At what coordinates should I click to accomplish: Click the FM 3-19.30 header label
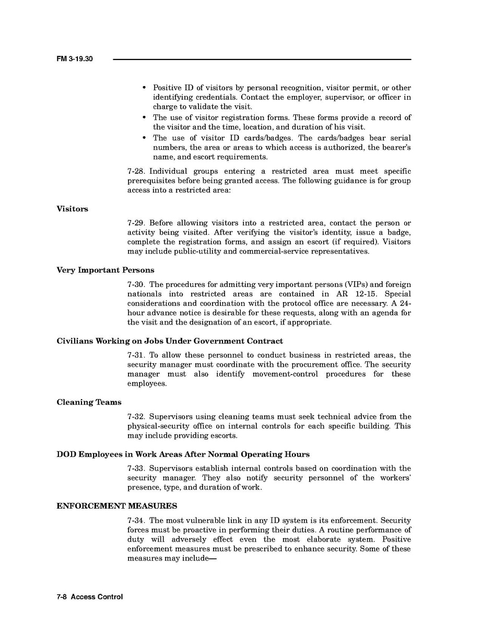point(74,59)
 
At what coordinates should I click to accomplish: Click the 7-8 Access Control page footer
point(89,597)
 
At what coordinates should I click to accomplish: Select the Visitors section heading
point(72,209)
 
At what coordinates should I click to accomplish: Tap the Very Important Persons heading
point(105,270)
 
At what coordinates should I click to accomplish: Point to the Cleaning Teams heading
point(89,402)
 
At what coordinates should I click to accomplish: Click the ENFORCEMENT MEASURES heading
point(116,506)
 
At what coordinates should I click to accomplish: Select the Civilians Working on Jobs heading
point(170,341)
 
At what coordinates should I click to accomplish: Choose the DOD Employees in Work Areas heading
point(183,454)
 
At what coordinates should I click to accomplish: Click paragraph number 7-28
point(136,172)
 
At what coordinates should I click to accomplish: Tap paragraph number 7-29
point(136,223)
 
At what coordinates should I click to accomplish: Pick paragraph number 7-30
point(136,285)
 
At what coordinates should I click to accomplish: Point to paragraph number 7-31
point(136,355)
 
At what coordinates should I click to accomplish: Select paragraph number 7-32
point(136,417)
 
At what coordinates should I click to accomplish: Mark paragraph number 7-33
point(136,469)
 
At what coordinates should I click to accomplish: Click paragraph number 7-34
point(136,521)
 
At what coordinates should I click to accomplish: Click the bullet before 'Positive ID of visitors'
point(144,88)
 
